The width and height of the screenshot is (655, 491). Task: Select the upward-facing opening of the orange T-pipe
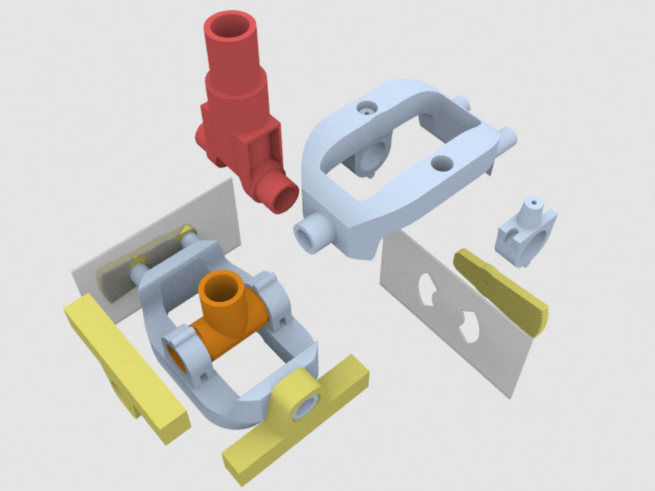coord(220,286)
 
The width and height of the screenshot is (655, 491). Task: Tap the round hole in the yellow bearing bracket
coord(305,407)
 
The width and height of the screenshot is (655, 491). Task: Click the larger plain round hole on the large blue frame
coord(442,163)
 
